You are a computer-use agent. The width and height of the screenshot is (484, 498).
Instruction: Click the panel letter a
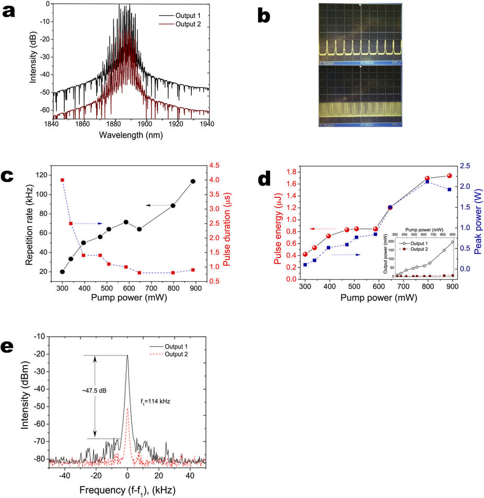9,12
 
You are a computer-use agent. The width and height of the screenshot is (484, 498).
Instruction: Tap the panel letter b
265,16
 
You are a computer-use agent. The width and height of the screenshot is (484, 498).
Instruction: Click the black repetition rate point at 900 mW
193,181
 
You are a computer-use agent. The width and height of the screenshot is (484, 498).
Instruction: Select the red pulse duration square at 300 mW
62,180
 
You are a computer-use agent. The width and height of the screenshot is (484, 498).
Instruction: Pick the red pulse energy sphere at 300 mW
305,254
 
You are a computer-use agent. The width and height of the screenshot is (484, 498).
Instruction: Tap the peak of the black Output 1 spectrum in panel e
127,356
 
